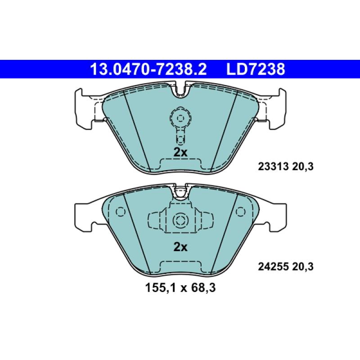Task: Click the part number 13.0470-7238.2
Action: coord(148,69)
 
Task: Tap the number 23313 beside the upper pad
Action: coord(271,166)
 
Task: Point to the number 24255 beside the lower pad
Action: coord(271,267)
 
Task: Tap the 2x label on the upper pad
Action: coord(180,152)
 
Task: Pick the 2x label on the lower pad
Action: coord(180,247)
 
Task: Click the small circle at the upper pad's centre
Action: coord(180,118)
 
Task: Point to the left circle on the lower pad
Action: coord(120,211)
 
